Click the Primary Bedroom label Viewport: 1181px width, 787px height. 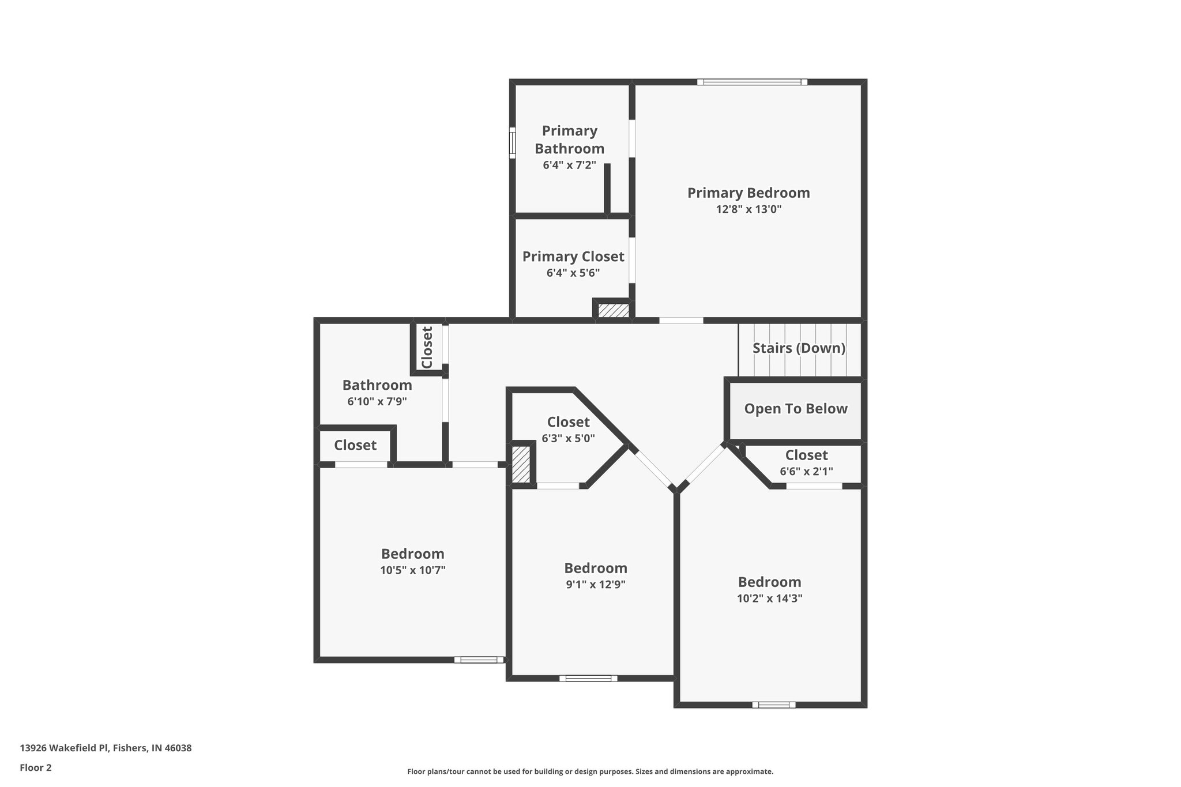point(748,193)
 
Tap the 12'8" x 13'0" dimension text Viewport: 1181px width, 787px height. point(749,209)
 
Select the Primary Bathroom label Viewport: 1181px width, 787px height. point(569,140)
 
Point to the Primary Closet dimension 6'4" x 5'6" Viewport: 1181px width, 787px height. point(573,273)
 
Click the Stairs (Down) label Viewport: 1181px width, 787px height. point(799,348)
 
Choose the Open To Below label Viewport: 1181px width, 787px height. point(796,409)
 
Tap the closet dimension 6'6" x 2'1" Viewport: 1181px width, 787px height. point(806,472)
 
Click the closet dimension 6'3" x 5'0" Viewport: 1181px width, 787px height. point(568,438)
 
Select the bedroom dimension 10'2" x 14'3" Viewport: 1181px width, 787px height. point(769,598)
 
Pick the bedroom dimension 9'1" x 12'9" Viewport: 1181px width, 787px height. point(595,584)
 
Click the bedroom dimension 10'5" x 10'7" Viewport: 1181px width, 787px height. point(412,570)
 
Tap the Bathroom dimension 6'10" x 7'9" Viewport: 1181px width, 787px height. point(377,401)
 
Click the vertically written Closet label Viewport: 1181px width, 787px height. point(427,348)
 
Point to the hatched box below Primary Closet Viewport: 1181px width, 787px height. point(613,310)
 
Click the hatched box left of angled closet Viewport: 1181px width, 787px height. point(521,464)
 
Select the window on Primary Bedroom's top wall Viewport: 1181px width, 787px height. point(752,82)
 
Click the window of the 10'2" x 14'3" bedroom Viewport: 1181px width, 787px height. point(773,705)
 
